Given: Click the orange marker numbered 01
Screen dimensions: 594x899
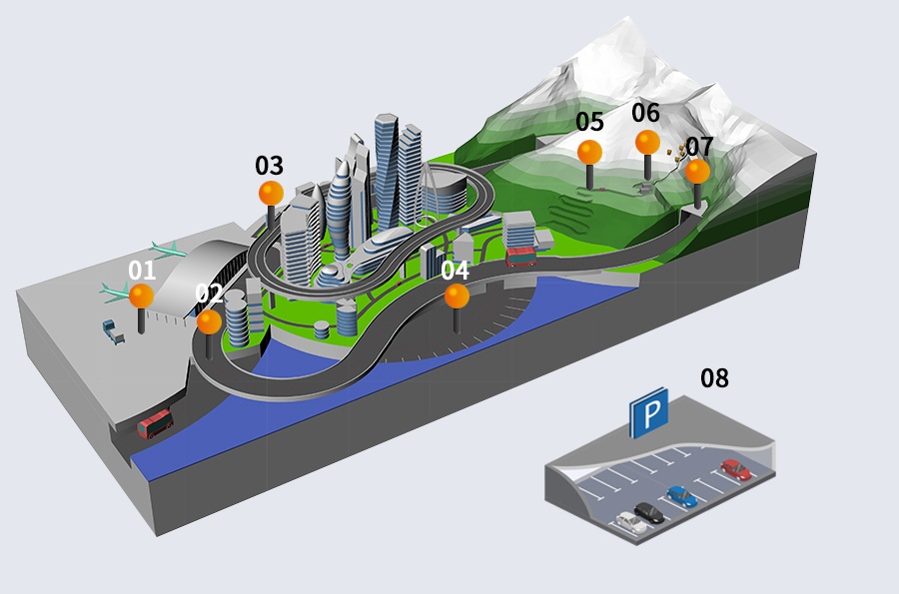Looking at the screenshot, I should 142,296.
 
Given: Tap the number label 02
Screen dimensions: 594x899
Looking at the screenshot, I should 209,294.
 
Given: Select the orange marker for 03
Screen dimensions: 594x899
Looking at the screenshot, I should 271,193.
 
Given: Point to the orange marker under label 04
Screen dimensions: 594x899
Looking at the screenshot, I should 456,296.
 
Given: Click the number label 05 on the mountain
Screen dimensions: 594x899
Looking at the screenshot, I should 589,122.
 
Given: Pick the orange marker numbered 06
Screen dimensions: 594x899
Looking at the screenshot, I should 647,142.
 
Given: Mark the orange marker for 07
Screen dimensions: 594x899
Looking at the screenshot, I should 697,171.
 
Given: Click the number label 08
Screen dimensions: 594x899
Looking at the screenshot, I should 714,378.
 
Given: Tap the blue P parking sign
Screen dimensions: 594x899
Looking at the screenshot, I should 649,411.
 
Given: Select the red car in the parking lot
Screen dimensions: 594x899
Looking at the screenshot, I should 736,469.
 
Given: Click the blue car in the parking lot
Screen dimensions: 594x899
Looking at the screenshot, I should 682,496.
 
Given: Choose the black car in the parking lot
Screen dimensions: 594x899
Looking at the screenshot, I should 649,513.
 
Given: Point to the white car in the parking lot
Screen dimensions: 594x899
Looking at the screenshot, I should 631,523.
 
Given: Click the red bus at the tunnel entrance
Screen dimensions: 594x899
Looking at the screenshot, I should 155,424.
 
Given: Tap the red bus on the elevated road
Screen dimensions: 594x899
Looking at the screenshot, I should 521,258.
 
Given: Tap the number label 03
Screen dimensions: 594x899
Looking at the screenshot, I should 269,166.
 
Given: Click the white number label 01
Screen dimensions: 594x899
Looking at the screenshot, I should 142,270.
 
